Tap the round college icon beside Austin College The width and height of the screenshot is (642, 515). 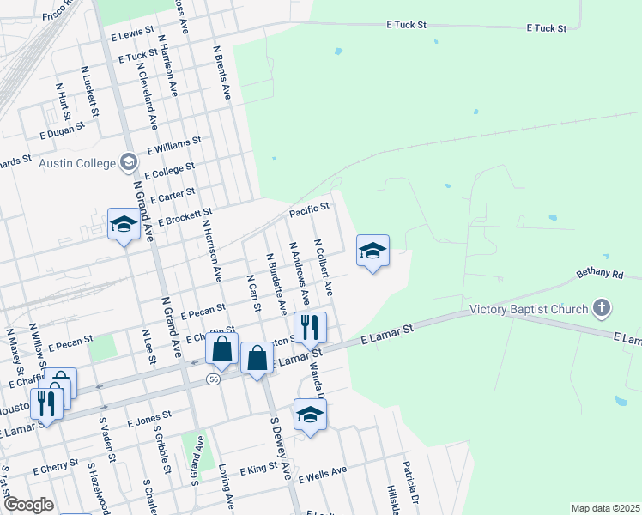(129, 162)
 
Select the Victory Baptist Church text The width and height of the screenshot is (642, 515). (529, 310)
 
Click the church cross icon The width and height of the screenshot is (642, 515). (603, 307)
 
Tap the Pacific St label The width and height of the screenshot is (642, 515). (309, 209)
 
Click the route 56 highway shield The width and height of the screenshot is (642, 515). (214, 379)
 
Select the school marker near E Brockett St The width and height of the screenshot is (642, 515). (124, 225)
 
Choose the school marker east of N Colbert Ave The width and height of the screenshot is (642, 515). (372, 251)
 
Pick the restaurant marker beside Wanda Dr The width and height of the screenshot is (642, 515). (310, 327)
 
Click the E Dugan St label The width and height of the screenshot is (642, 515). (63, 130)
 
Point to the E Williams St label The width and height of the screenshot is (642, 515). (173, 143)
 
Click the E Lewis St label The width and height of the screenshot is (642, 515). (132, 33)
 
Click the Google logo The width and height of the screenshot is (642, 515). (27, 505)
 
